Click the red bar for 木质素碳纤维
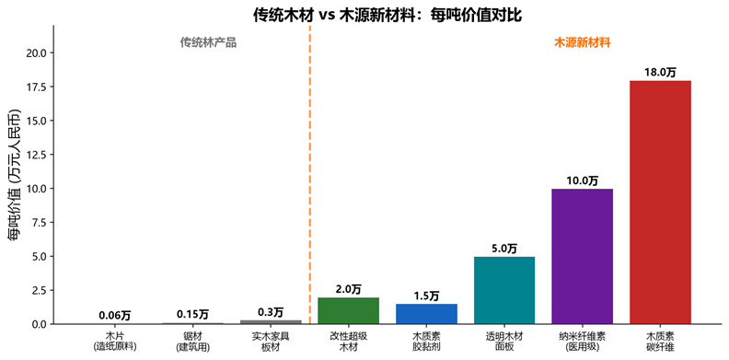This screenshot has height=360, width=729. click(660, 203)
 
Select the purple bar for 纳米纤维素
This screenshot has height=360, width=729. click(582, 256)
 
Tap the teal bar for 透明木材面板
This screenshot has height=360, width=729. click(504, 290)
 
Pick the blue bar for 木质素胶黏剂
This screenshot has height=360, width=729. click(426, 314)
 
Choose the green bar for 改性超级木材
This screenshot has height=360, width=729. click(348, 310)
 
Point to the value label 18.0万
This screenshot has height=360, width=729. click(660, 73)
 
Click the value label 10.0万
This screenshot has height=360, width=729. click(582, 180)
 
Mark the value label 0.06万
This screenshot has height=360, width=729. click(115, 316)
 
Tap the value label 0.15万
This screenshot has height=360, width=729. click(192, 314)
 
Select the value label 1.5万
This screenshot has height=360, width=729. click(426, 296)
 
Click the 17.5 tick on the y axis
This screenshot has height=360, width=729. click(40, 87)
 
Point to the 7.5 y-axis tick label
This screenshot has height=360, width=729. click(43, 223)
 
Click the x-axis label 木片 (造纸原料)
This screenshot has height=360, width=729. click(115, 341)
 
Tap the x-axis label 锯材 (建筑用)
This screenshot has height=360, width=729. click(192, 341)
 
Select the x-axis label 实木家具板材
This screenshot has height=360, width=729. click(271, 341)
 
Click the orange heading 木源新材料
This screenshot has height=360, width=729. click(582, 42)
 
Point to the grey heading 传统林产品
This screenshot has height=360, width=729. click(208, 42)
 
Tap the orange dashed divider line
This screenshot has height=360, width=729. click(309, 174)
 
